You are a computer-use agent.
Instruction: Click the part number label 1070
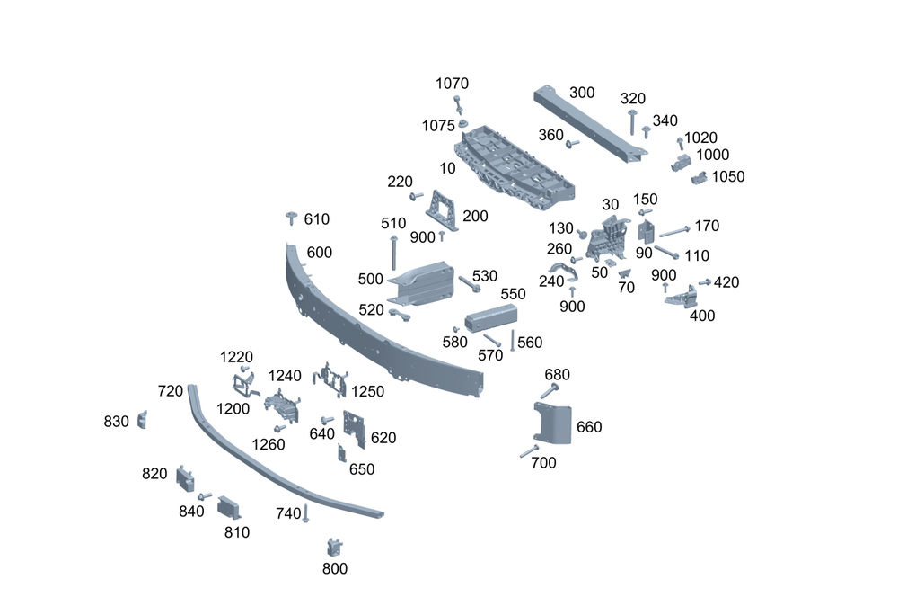[452, 84]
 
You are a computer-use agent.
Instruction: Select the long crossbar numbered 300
[590, 124]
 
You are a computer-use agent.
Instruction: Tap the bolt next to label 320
[632, 122]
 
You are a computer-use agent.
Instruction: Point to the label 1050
[728, 176]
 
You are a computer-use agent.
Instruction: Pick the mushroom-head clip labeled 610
[292, 218]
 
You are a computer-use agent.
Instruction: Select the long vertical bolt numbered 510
[393, 252]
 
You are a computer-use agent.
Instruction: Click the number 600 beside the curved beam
[319, 253]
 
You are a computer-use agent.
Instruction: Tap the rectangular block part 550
[491, 318]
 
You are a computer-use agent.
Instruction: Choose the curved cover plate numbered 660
[553, 423]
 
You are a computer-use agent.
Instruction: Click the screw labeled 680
[550, 392]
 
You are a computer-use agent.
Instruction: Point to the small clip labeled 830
[142, 420]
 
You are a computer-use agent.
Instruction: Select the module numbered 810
[228, 507]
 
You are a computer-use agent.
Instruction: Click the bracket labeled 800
[334, 548]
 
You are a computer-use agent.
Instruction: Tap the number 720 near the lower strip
[170, 391]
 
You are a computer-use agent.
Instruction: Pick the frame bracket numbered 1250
[330, 379]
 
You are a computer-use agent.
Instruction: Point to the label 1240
[285, 376]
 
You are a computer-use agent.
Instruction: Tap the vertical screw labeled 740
[305, 513]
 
